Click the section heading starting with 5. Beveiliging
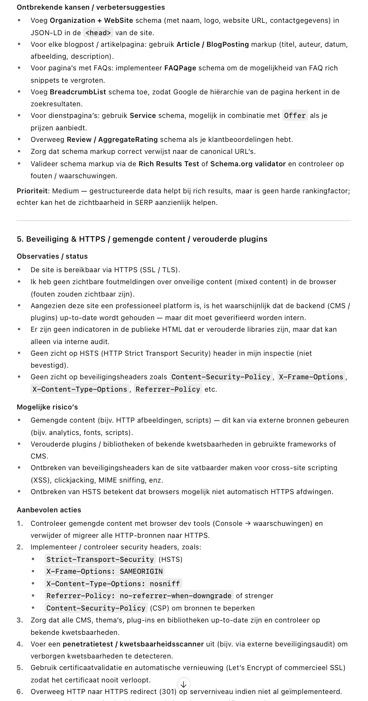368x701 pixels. [x=142, y=239]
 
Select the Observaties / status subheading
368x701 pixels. [x=52, y=256]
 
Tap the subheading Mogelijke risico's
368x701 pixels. [x=47, y=407]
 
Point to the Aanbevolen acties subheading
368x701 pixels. [x=49, y=510]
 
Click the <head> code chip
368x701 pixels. [x=98, y=33]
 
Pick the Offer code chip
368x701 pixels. [x=295, y=116]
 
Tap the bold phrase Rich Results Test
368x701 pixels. [x=169, y=164]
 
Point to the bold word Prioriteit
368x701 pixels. [x=33, y=191]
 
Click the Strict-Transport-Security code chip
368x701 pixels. [x=100, y=559]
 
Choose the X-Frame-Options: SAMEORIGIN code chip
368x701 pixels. [x=104, y=571]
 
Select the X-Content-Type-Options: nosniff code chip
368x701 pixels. [x=113, y=583]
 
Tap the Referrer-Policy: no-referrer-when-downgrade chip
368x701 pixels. [x=139, y=596]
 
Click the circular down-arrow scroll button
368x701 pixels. [x=184, y=684]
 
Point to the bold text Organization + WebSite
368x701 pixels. [x=91, y=20]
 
